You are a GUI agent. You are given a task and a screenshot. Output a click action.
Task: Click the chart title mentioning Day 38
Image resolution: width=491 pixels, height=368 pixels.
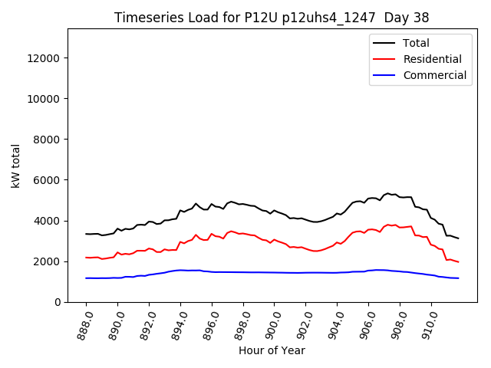[x=272, y=17]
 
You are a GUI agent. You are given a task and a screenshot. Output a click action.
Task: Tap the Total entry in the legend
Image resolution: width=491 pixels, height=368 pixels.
[x=417, y=43]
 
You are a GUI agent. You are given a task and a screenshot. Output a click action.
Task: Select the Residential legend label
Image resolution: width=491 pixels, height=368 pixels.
[x=433, y=59]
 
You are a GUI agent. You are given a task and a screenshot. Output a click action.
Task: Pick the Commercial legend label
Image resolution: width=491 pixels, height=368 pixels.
[x=435, y=75]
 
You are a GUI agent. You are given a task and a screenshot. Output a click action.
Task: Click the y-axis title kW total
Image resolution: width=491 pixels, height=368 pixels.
[x=15, y=166]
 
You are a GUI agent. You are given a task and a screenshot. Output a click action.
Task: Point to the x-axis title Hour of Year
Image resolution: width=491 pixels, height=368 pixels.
[x=272, y=350]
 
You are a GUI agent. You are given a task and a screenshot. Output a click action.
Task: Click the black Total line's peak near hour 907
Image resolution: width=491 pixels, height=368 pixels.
[x=388, y=193]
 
